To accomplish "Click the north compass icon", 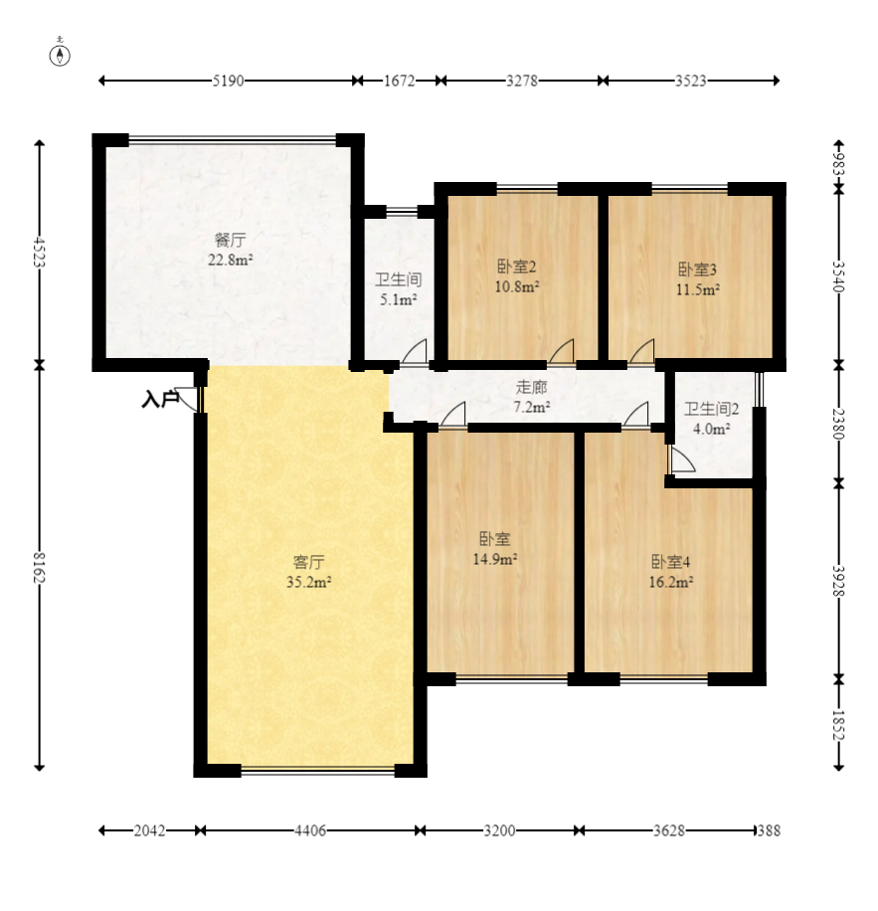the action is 60,54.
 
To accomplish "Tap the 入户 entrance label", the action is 160,400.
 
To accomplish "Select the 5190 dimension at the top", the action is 228,81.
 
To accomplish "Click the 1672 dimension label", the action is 400,81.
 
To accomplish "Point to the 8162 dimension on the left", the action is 39,567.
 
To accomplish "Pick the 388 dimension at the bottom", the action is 769,830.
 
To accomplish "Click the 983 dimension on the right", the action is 838,163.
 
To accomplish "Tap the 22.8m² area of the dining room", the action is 231,260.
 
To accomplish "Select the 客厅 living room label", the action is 309,562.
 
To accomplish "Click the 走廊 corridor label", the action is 531,387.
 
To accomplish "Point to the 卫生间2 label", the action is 711,409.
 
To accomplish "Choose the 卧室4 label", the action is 671,562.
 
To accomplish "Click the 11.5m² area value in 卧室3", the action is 698,289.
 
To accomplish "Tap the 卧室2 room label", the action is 517,267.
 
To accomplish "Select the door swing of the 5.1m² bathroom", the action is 416,350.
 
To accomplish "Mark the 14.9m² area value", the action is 495,559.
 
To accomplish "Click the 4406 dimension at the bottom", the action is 309,830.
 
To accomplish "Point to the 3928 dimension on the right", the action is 838,581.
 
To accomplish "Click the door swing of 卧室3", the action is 642,351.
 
